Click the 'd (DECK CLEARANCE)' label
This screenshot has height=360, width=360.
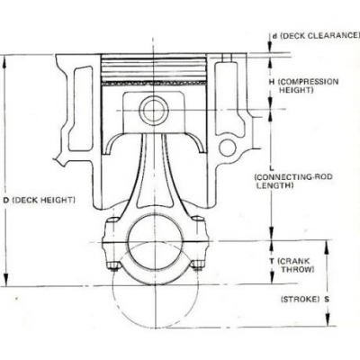(316, 36)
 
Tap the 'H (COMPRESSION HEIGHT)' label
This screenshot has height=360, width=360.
(303, 85)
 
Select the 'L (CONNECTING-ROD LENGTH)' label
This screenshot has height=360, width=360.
(293, 177)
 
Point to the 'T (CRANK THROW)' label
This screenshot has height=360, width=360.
(292, 265)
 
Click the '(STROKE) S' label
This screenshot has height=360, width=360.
(305, 299)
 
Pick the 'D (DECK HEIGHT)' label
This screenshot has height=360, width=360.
(40, 200)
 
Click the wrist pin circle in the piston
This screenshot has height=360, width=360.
(153, 110)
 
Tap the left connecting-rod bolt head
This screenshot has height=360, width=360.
(113, 265)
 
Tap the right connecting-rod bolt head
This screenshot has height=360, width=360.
(197, 265)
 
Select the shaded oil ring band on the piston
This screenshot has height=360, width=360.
(154, 83)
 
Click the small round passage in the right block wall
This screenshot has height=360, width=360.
(228, 148)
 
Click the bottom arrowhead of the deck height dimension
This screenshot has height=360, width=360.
(5, 278)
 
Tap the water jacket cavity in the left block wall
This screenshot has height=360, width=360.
(80, 109)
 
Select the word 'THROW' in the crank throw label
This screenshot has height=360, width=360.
(298, 269)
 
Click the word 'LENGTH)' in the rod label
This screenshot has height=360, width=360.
(274, 185)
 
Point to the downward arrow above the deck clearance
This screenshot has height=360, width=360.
(270, 41)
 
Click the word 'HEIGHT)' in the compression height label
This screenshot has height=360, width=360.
(296, 90)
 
